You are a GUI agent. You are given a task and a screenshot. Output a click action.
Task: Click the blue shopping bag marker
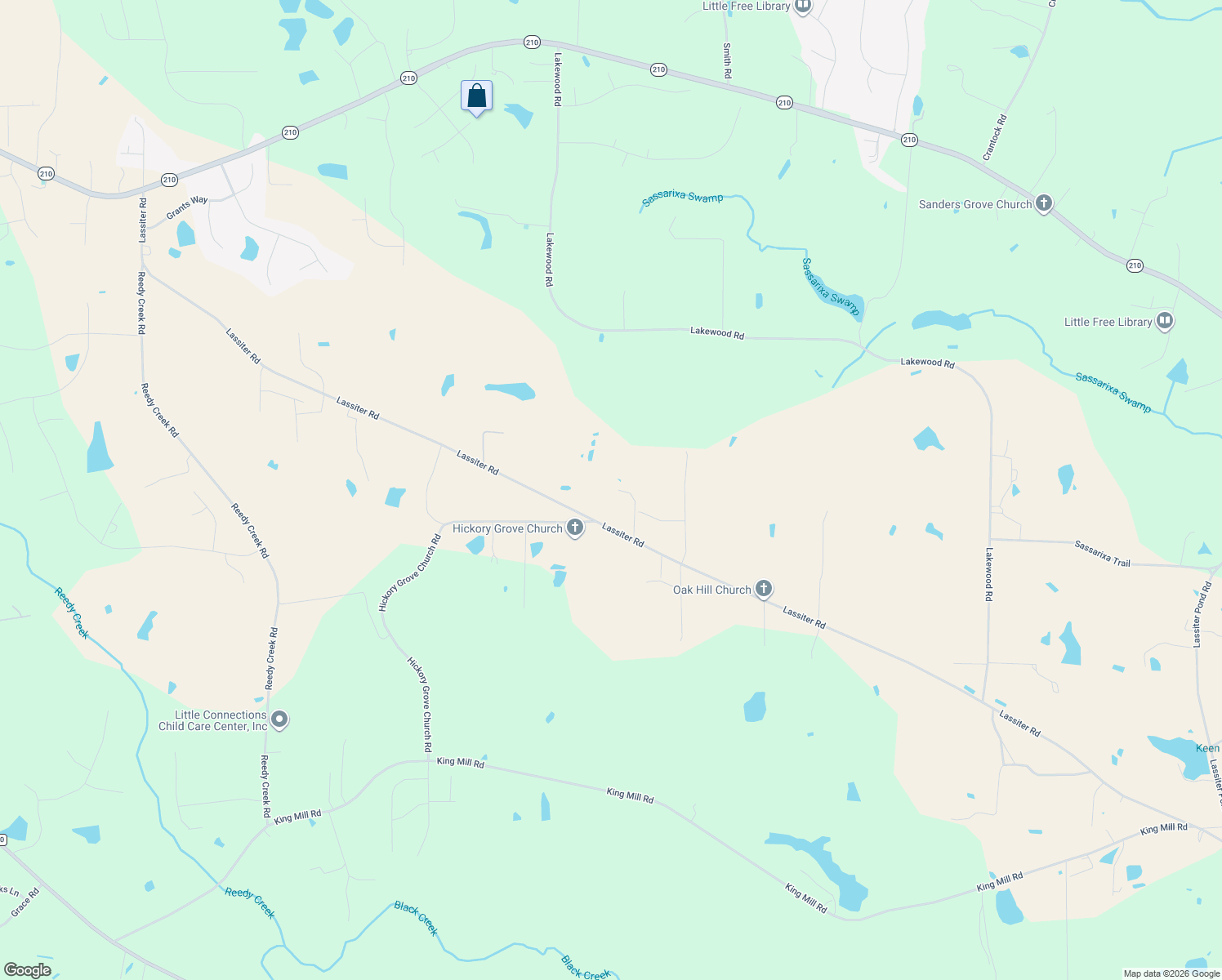click(476, 96)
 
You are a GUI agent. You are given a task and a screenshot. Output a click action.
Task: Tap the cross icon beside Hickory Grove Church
click(575, 528)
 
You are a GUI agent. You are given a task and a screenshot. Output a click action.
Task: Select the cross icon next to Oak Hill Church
click(764, 589)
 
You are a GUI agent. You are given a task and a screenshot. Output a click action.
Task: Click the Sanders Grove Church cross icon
click(1043, 203)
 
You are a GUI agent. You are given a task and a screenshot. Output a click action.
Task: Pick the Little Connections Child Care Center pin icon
click(279, 719)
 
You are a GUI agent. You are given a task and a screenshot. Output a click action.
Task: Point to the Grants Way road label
click(187, 207)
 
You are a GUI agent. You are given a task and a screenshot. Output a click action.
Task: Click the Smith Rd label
click(727, 61)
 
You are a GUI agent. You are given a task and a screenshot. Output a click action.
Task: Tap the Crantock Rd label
click(995, 137)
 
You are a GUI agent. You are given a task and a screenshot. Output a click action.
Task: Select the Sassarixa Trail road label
click(1103, 553)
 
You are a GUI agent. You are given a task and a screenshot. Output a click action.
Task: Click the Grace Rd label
click(25, 903)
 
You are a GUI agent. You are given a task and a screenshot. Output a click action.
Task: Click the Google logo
click(27, 970)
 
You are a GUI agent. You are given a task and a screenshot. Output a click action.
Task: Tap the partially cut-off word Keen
click(1207, 748)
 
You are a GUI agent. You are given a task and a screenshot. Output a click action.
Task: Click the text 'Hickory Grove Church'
click(507, 528)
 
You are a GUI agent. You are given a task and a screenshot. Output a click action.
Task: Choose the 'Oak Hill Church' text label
click(711, 590)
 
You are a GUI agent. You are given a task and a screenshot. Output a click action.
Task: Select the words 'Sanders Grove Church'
click(975, 204)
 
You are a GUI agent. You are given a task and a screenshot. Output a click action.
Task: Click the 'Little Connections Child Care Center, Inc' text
click(213, 720)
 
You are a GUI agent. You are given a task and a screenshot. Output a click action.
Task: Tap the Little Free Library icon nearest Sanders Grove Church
click(1165, 322)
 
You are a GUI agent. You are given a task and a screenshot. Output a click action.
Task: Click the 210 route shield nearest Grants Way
click(169, 180)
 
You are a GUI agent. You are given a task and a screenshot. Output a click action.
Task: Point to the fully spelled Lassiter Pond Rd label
click(1202, 615)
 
